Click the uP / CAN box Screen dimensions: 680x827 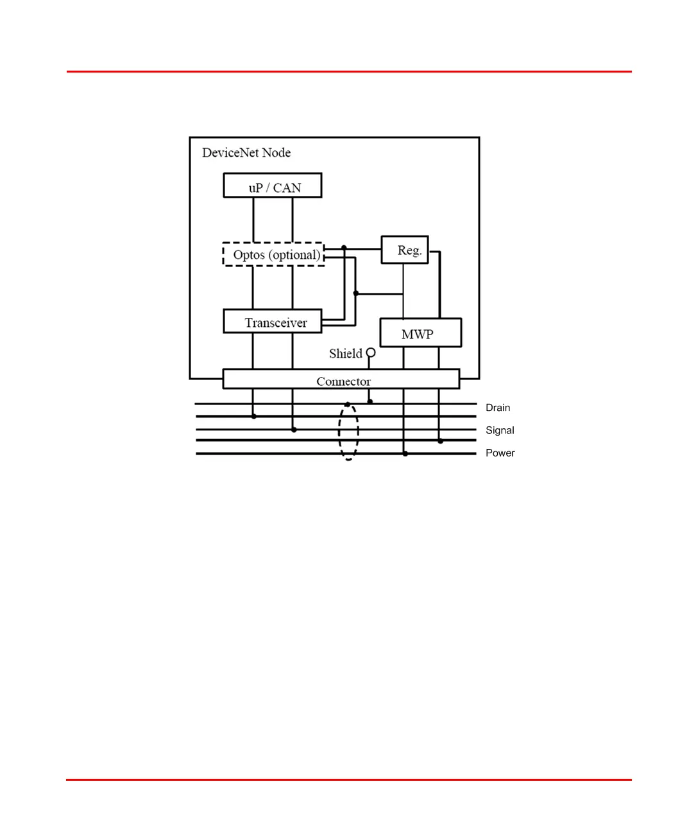[x=272, y=186]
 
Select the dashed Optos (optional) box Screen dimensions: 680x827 [x=273, y=254]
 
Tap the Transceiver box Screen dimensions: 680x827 [x=272, y=321]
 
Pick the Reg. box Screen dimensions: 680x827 [x=405, y=250]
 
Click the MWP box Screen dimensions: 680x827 [x=420, y=333]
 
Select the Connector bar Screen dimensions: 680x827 [x=341, y=379]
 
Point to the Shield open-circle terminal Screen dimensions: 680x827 [x=371, y=353]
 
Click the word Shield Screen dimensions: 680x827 [x=345, y=354]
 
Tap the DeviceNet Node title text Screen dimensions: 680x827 [x=246, y=153]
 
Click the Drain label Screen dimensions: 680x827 [x=498, y=408]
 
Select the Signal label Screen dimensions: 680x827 [x=500, y=430]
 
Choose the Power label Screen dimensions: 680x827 [x=500, y=453]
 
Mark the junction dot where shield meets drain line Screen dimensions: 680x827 [x=370, y=402]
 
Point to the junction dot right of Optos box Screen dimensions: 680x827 [x=344, y=248]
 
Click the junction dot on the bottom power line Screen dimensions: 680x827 [x=405, y=454]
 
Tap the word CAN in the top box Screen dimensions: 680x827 [x=287, y=187]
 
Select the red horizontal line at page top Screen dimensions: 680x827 [x=349, y=71]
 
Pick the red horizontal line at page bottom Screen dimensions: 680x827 [x=349, y=779]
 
